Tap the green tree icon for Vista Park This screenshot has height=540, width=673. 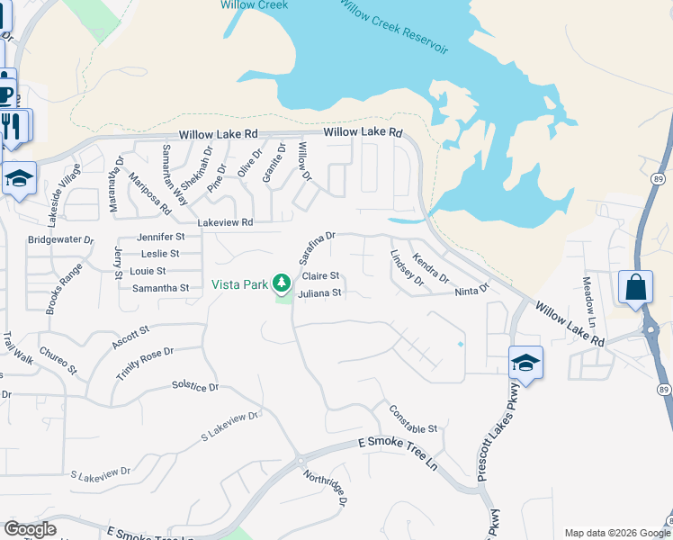[x=283, y=283]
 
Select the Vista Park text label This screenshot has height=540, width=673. [x=239, y=284]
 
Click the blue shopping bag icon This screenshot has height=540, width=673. [x=635, y=288]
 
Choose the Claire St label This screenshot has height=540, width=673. [x=320, y=276]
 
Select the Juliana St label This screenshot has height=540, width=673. [x=319, y=292]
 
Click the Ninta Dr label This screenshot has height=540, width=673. [x=471, y=290]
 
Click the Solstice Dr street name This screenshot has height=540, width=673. [x=195, y=387]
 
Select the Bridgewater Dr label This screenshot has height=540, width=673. [x=60, y=240]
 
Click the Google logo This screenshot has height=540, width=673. [x=30, y=529]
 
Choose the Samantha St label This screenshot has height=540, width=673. [x=161, y=288]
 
